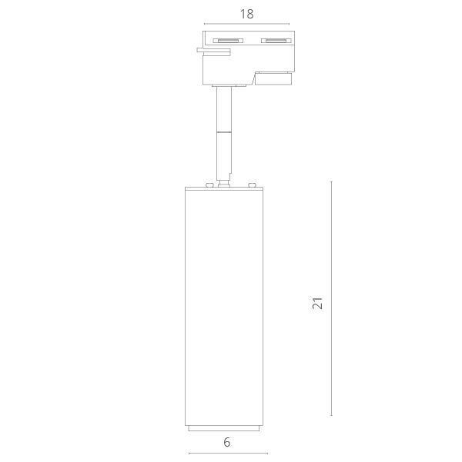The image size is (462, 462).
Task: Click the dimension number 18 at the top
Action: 246,14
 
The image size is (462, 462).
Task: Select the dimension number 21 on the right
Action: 318,303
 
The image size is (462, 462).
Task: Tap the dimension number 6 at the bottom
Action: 226,442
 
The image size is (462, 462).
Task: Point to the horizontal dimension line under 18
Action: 247,24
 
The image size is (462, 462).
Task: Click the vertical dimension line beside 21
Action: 331,298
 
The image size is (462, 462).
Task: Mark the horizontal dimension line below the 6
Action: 228,454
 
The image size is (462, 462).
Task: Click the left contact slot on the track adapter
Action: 228,41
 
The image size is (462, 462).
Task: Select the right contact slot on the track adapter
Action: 276,41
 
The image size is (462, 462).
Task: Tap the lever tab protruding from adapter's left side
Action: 214,52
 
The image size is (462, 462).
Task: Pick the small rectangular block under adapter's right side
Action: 273,79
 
